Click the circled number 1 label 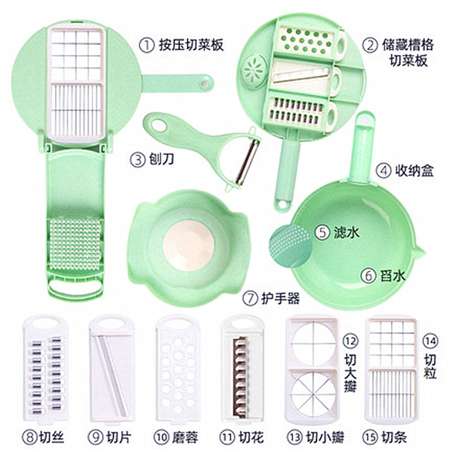tap(147, 45)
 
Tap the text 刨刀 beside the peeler tap(162, 159)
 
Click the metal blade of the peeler tap(247, 162)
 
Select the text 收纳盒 tap(414, 170)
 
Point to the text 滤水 tap(347, 232)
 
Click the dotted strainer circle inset tap(290, 246)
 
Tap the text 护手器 tap(281, 298)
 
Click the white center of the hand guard tap(189, 245)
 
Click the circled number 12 tap(350, 341)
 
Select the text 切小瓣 tap(325, 437)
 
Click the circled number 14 tap(430, 341)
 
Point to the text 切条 tap(394, 437)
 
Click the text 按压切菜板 tap(191, 45)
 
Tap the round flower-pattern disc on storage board tap(254, 72)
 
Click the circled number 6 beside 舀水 tap(368, 276)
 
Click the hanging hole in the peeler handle tap(159, 126)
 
